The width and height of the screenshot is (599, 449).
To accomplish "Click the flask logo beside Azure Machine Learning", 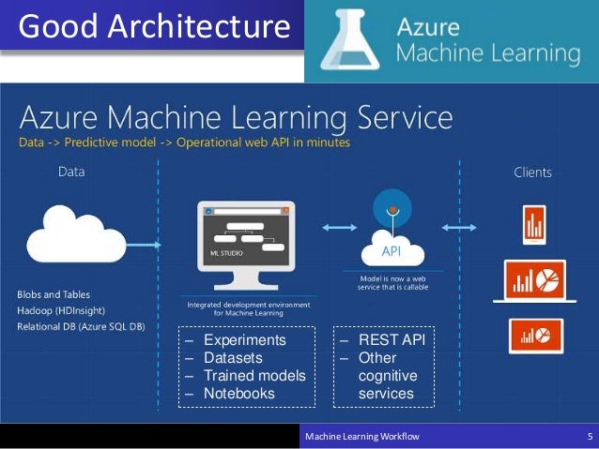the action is click(349, 42).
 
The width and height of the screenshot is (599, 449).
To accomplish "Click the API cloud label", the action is click(392, 251).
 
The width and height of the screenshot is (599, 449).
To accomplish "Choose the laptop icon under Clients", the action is click(534, 279).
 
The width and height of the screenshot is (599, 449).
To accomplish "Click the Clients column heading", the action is click(532, 172).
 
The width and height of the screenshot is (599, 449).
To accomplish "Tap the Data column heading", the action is click(71, 172).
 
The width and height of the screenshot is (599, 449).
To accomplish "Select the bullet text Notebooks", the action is click(238, 394).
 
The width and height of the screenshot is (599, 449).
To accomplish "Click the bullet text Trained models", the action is click(254, 376).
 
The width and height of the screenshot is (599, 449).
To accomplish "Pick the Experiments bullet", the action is click(244, 340).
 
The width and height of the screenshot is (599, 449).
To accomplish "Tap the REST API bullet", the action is click(392, 340).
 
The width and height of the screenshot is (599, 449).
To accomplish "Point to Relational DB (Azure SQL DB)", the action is click(81, 326).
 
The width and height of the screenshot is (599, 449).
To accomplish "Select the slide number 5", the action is click(589, 437).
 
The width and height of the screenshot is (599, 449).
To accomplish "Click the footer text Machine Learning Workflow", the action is click(362, 437).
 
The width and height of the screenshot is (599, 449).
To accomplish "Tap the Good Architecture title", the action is click(153, 26).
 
